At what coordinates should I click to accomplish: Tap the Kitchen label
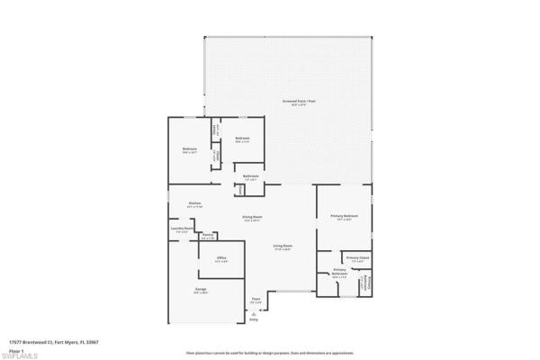194,204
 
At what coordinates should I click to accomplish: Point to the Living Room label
283,247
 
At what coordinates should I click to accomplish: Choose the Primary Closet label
357,259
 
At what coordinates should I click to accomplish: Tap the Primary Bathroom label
340,271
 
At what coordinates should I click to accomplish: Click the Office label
221,259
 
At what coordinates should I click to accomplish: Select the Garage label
201,290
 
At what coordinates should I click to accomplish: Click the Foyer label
256,300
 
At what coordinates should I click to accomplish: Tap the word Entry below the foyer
254,319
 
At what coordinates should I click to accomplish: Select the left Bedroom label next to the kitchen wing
190,149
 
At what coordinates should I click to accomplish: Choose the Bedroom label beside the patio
242,139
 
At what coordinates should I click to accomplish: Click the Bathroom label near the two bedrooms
251,176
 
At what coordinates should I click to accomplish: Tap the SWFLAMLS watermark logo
20,355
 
